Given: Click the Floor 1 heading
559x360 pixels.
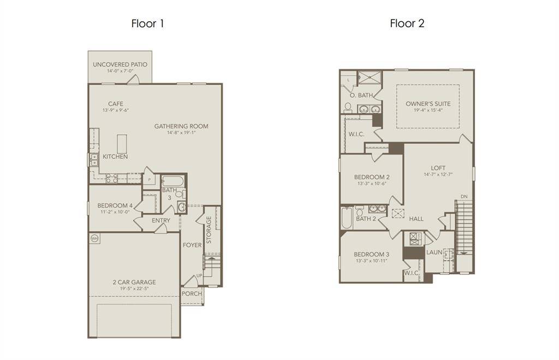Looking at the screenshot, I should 147,23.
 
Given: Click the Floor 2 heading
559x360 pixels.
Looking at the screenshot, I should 407,23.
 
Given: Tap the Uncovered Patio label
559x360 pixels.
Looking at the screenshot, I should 120,64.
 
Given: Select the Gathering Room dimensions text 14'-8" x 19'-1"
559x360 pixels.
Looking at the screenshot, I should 181,133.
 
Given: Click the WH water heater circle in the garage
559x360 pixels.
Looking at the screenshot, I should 94,238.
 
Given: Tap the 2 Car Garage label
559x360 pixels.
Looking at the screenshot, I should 134,282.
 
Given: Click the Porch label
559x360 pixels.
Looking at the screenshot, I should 192,293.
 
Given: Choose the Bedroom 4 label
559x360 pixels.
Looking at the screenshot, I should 115,206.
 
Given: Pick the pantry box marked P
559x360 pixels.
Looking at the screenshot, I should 148,178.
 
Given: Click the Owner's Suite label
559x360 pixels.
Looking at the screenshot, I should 427,104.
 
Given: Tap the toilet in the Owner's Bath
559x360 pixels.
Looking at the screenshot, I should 348,107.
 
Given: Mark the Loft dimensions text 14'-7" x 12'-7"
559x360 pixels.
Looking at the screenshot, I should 438,175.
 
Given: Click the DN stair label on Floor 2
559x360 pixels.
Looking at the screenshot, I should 463,197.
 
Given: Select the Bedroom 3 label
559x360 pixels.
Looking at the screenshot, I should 371,254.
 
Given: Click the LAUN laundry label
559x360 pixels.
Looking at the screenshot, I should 434,253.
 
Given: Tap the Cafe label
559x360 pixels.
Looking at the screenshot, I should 115,104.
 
